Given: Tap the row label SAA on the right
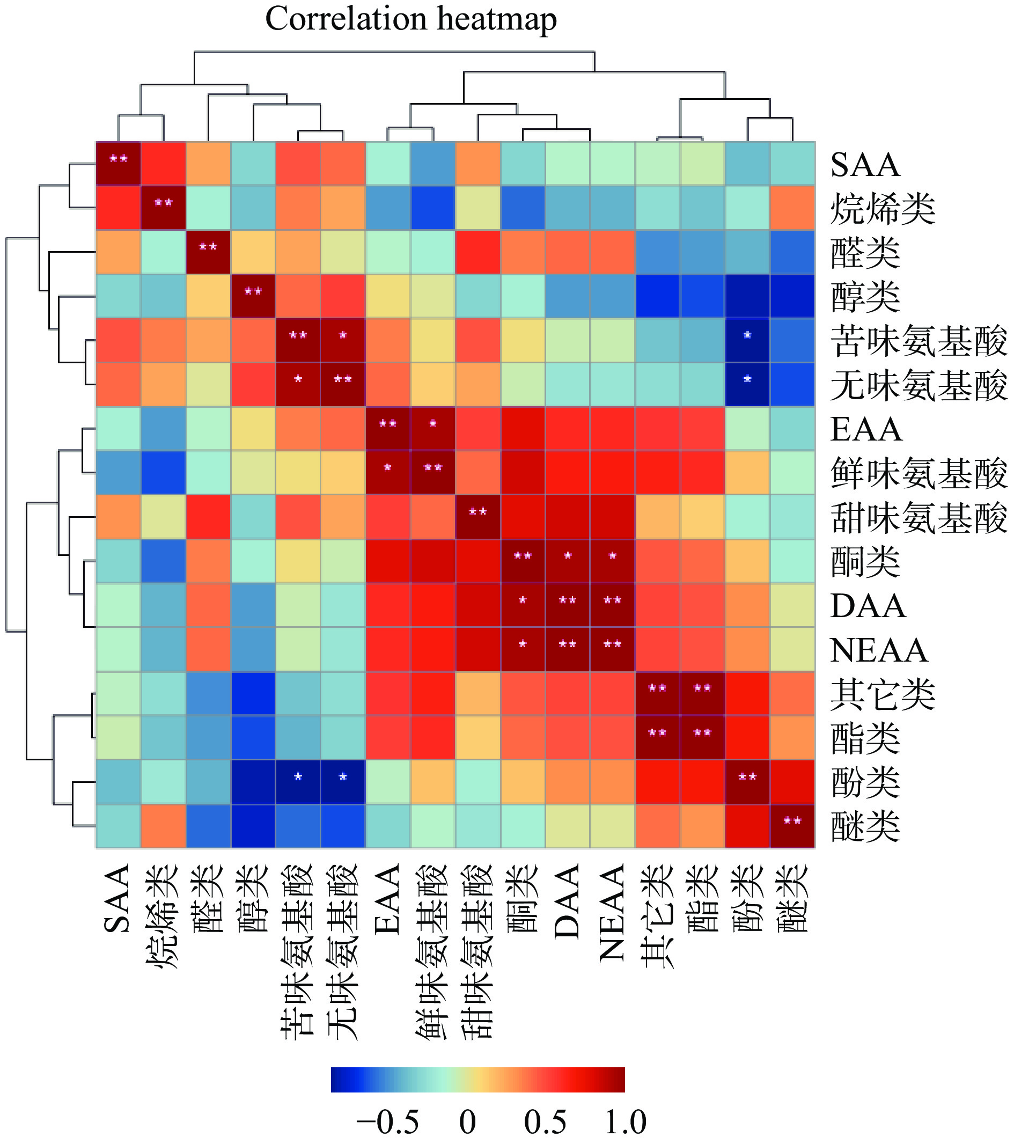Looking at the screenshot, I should pyautogui.click(x=865, y=165).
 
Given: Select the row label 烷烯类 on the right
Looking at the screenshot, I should pyautogui.click(x=883, y=209).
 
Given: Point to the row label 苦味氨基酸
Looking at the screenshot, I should pyautogui.click(x=919, y=341).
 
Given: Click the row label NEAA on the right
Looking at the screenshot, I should pyautogui.click(x=879, y=650).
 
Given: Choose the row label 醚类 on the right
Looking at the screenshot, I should pyautogui.click(x=865, y=827).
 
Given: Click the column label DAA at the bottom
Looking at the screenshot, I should pyautogui.click(x=567, y=901).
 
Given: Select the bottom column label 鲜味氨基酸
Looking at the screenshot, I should pyautogui.click(x=432, y=951).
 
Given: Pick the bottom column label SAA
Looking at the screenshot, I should pyautogui.click(x=118, y=898).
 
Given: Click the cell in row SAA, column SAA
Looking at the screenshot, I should pyautogui.click(x=119, y=164).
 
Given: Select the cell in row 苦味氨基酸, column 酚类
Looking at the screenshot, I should pyautogui.click(x=748, y=340).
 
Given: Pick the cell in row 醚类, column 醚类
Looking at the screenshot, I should pyautogui.click(x=792, y=826).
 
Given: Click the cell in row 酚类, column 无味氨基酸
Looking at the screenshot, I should pyautogui.click(x=343, y=782).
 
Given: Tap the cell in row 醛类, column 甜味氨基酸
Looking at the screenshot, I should pyautogui.click(x=478, y=252).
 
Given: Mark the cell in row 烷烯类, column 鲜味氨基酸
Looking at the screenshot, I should pyautogui.click(x=432, y=208).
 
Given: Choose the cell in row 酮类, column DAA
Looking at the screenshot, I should pyautogui.click(x=568, y=561).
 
